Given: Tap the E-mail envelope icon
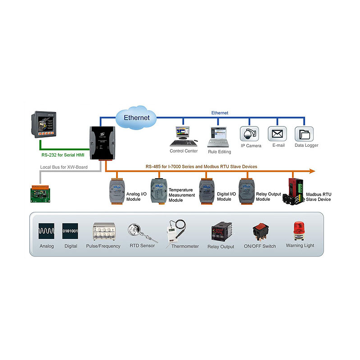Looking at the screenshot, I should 277,134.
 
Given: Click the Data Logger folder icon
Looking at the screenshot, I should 304,134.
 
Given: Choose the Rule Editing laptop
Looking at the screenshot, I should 219,136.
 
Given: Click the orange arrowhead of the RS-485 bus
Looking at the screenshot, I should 311,171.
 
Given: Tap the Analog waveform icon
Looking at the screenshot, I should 46,231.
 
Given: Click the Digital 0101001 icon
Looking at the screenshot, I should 71,231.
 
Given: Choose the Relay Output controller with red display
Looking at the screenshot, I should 220,232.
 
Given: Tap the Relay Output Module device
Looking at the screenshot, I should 246,192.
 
